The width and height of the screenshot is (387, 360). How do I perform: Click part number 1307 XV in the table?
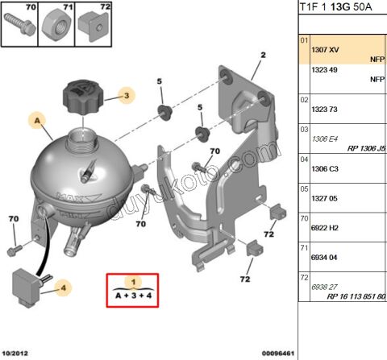click(x=326, y=49)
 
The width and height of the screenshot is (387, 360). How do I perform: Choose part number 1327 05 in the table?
click(x=326, y=198)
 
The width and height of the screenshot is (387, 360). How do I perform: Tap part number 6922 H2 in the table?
click(x=326, y=228)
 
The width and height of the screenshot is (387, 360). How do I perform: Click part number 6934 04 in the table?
click(x=326, y=258)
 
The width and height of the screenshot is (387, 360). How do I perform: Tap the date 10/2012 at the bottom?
click(x=15, y=353)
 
